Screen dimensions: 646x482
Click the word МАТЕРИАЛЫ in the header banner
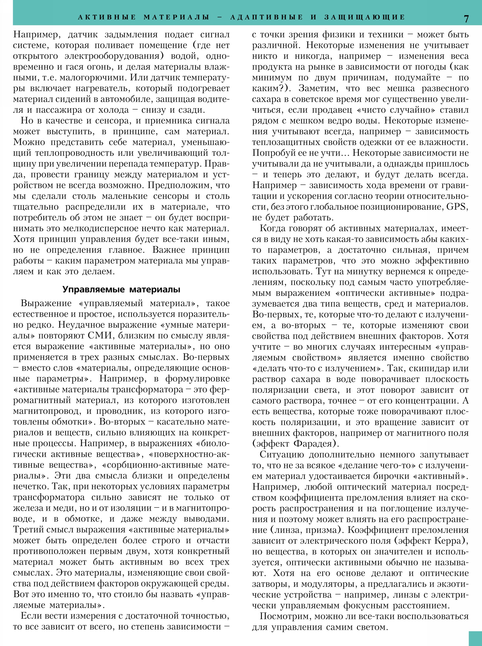176,17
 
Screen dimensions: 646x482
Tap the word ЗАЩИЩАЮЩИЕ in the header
365,17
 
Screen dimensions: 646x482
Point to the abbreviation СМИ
100,336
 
